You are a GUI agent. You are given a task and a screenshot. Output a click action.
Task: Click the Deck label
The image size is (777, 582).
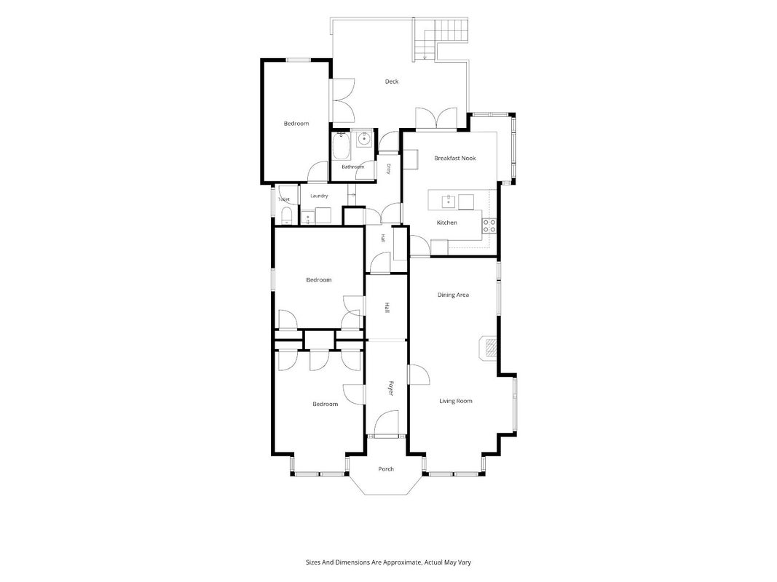pyautogui.click(x=392, y=81)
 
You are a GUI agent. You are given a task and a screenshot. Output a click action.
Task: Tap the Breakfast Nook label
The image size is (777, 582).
pyautogui.click(x=455, y=159)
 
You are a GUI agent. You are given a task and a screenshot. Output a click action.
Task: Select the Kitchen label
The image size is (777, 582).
pyautogui.click(x=446, y=223)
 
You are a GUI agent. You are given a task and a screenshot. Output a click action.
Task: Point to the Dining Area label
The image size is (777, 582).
pyautogui.click(x=453, y=295)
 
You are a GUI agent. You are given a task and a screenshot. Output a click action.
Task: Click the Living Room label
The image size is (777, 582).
pyautogui.click(x=455, y=402)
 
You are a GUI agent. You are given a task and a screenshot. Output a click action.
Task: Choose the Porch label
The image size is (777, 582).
pyautogui.click(x=386, y=469)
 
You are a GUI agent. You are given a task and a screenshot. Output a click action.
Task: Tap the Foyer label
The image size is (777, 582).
pyautogui.click(x=390, y=388)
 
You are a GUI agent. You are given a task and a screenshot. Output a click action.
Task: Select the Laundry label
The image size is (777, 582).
pyautogui.click(x=319, y=196)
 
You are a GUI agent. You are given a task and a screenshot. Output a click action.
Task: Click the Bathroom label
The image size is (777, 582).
pyautogui.click(x=353, y=167)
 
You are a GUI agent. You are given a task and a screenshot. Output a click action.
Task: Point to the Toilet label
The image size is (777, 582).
pyautogui.click(x=284, y=199)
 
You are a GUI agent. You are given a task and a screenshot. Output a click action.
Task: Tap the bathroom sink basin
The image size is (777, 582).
pyautogui.click(x=364, y=139)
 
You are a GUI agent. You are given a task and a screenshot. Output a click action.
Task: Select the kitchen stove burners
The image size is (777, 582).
pyautogui.click(x=489, y=226)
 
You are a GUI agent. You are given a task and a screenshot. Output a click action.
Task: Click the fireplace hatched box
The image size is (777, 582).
pyautogui.click(x=491, y=348)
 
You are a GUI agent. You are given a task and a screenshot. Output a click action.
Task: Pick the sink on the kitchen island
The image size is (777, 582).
pyautogui.click(x=449, y=201)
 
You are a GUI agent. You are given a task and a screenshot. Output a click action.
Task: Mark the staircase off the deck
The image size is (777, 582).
pyautogui.click(x=441, y=39)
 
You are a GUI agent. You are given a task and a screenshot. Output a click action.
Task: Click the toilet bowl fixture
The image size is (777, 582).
pyautogui.click(x=286, y=216)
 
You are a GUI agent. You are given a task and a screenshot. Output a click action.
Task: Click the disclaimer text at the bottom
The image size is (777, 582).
pyautogui.click(x=388, y=562)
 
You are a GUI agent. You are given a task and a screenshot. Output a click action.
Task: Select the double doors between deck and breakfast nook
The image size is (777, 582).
pyautogui.click(x=436, y=119)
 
